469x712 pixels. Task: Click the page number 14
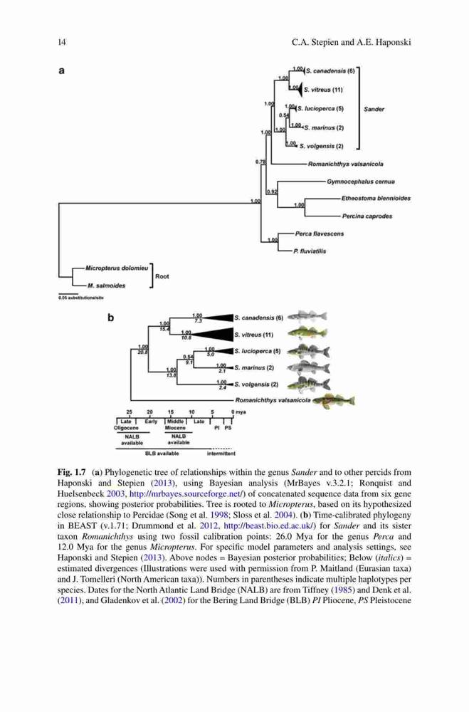[62, 43]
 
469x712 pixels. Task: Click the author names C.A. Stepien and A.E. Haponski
[352, 43]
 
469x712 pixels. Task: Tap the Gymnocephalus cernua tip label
[361, 182]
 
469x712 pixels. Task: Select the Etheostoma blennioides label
[376, 199]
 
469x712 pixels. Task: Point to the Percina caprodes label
[367, 216]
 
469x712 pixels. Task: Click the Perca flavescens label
[319, 234]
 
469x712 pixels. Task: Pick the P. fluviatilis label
[310, 251]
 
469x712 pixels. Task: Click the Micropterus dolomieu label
[117, 268]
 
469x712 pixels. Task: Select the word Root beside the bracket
[162, 276]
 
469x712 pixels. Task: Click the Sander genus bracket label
[374, 109]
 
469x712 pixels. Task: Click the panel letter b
[110, 318]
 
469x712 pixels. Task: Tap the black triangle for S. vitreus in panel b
[216, 335]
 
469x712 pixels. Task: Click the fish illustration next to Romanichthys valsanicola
[334, 400]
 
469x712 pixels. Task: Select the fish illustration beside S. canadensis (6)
[307, 317]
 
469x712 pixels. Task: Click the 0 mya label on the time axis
[239, 412]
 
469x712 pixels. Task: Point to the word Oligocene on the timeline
[126, 428]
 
